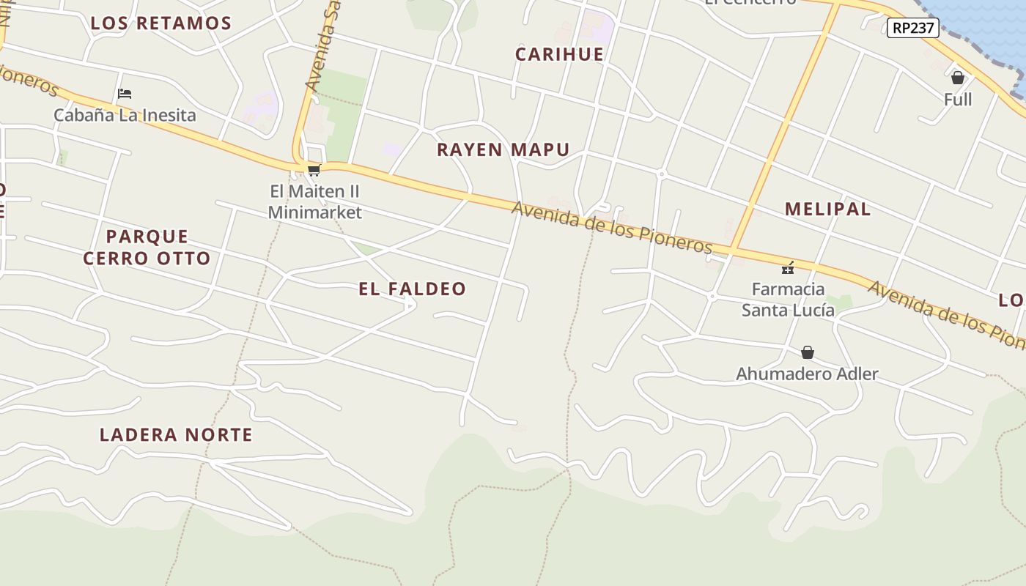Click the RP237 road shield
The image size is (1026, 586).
(912, 28)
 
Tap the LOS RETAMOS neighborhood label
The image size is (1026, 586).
(161, 23)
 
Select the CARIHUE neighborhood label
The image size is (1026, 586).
(559, 54)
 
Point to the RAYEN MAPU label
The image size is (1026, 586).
(503, 149)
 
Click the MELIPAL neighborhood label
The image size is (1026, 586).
(827, 209)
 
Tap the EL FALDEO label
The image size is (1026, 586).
(412, 289)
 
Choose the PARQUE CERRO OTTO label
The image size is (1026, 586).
(147, 247)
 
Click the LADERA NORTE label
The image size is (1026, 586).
(176, 434)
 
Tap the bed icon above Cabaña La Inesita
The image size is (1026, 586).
(125, 94)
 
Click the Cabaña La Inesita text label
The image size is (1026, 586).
(125, 115)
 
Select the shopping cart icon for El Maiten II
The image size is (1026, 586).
(314, 170)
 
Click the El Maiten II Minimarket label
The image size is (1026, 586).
(314, 201)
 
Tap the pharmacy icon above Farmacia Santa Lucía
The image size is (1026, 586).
(788, 268)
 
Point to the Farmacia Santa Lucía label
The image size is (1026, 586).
(788, 300)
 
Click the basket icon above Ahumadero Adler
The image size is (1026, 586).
(807, 352)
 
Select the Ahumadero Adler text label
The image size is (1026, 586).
(807, 374)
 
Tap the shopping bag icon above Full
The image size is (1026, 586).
(957, 78)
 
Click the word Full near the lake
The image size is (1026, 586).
(957, 100)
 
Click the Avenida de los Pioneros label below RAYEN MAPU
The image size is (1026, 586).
(612, 226)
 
